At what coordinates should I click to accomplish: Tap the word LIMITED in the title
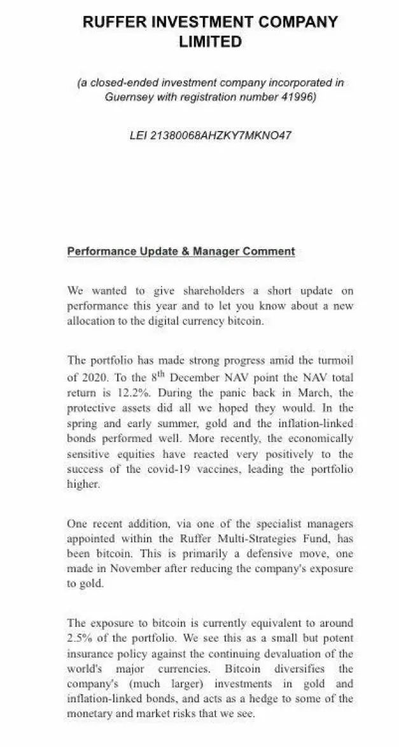pyautogui.click(x=210, y=42)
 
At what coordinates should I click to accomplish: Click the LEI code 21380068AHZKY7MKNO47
pyautogui.click(x=220, y=135)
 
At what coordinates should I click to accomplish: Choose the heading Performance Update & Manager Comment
pyautogui.click(x=181, y=251)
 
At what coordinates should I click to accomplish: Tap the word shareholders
pyautogui.click(x=213, y=291)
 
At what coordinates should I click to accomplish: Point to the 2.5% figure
pyautogui.click(x=81, y=638)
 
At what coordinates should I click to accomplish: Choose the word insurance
pyautogui.click(x=90, y=654)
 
